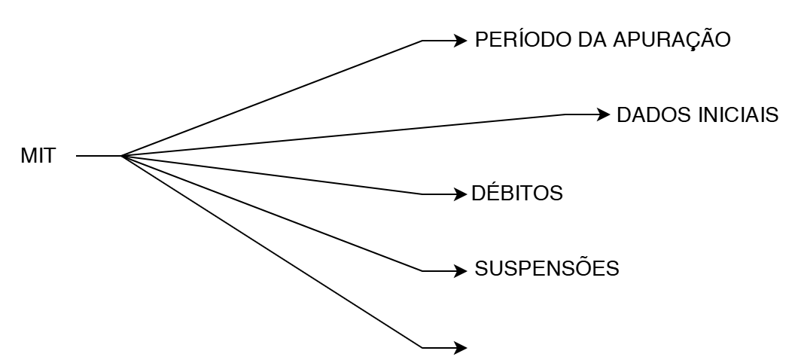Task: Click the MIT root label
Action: coord(38,157)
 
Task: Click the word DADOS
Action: coord(650,115)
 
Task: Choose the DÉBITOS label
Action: coord(517,194)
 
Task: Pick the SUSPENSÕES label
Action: coord(547,268)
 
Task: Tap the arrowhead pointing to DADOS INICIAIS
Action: coord(604,114)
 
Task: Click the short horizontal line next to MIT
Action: coord(98,157)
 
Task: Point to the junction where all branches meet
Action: coord(122,157)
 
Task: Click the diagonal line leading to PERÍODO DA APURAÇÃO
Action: coord(271,99)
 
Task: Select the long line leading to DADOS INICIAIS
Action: coord(343,136)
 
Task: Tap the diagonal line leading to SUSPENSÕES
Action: coord(271,214)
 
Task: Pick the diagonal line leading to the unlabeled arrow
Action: coord(271,252)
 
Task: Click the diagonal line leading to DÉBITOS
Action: coord(271,175)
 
